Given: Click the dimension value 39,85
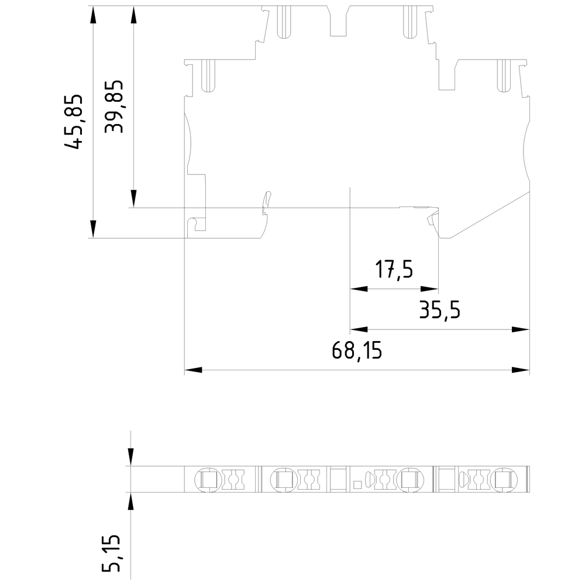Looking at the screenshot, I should [x=115, y=106].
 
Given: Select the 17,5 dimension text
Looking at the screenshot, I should [x=394, y=270].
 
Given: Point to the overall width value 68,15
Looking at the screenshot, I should [x=356, y=351].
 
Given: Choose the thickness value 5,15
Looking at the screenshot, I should [x=112, y=553].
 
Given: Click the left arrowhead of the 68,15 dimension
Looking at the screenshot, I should [x=193, y=370].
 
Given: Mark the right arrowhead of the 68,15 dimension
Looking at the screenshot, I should [x=521, y=370].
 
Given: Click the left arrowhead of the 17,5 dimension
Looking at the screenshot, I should [x=359, y=289].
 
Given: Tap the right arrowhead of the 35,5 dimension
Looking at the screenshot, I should [x=521, y=329].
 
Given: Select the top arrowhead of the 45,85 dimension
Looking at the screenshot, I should [x=93, y=15].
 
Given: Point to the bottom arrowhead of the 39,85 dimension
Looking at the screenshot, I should [x=134, y=198].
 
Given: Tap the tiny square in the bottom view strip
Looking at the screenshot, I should [x=356, y=484].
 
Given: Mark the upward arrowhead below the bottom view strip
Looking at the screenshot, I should [x=130, y=501].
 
